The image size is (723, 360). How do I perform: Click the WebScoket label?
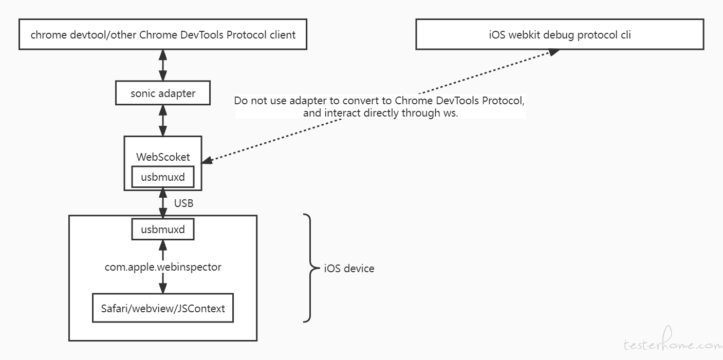[x=163, y=157]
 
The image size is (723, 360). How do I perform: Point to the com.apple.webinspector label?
[x=163, y=267]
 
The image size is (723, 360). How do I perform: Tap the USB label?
[x=183, y=203]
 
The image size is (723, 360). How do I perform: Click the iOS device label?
[x=349, y=269]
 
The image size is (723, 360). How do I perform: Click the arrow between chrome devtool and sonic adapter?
[x=163, y=65]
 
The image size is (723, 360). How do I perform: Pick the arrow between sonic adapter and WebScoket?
[x=163, y=121]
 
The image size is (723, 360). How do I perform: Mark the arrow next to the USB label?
[x=163, y=203]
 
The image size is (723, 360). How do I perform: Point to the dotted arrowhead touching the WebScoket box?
[x=207, y=160]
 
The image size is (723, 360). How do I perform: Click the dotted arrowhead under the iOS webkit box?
[x=554, y=52]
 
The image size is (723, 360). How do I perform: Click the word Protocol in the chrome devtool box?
[x=246, y=34]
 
